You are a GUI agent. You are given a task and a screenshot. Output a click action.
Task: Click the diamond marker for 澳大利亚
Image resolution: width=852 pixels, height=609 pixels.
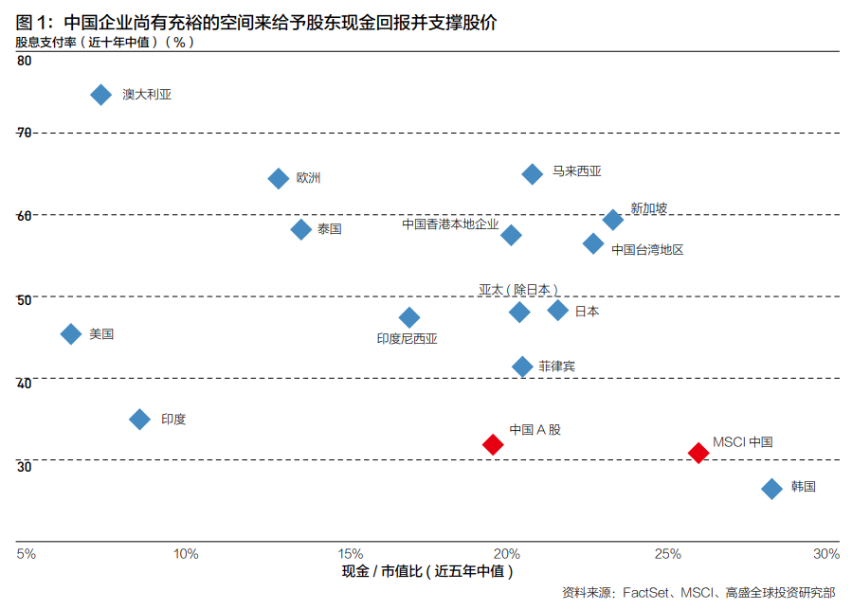pyautogui.click(x=100, y=94)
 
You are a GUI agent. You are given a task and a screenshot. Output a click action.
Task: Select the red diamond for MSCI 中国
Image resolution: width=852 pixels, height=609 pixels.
pyautogui.click(x=698, y=453)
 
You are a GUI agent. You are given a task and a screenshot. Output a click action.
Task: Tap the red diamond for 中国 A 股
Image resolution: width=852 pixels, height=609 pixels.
pyautogui.click(x=493, y=444)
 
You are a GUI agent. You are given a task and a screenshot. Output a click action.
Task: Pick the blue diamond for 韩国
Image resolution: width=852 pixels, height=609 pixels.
pyautogui.click(x=771, y=488)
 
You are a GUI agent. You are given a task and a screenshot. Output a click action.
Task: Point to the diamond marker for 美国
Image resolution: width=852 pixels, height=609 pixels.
pyautogui.click(x=71, y=333)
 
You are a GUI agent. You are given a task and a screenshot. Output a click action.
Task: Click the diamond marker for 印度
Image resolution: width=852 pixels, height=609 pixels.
pyautogui.click(x=140, y=419)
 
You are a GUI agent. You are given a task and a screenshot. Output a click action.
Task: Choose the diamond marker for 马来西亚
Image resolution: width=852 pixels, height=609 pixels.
pyautogui.click(x=533, y=173)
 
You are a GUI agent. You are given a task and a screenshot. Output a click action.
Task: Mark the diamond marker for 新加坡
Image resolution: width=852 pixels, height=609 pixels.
pyautogui.click(x=613, y=220)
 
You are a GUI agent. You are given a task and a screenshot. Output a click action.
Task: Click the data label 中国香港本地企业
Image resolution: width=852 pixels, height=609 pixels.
pyautogui.click(x=450, y=224)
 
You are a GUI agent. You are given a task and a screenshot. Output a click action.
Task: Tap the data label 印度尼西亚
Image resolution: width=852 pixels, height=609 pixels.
pyautogui.click(x=407, y=338)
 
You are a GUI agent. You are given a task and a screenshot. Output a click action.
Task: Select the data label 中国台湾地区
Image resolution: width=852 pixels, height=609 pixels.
pyautogui.click(x=647, y=250)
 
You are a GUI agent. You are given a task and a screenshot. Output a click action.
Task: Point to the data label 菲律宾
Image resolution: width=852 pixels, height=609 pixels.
pyautogui.click(x=556, y=366)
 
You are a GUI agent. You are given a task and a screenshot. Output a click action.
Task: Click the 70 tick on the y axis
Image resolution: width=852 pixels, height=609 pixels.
pyautogui.click(x=24, y=133)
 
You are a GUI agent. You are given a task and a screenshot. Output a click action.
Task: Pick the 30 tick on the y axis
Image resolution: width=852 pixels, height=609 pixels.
pyautogui.click(x=24, y=465)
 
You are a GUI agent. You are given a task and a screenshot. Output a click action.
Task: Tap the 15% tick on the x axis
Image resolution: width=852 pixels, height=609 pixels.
pyautogui.click(x=350, y=553)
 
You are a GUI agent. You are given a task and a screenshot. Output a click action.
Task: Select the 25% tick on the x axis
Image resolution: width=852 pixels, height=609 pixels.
pyautogui.click(x=668, y=553)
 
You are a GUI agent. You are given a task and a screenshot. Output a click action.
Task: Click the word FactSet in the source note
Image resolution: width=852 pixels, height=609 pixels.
pyautogui.click(x=647, y=593)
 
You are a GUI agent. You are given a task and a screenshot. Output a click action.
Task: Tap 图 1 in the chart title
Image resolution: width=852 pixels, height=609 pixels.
pyautogui.click(x=33, y=21)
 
